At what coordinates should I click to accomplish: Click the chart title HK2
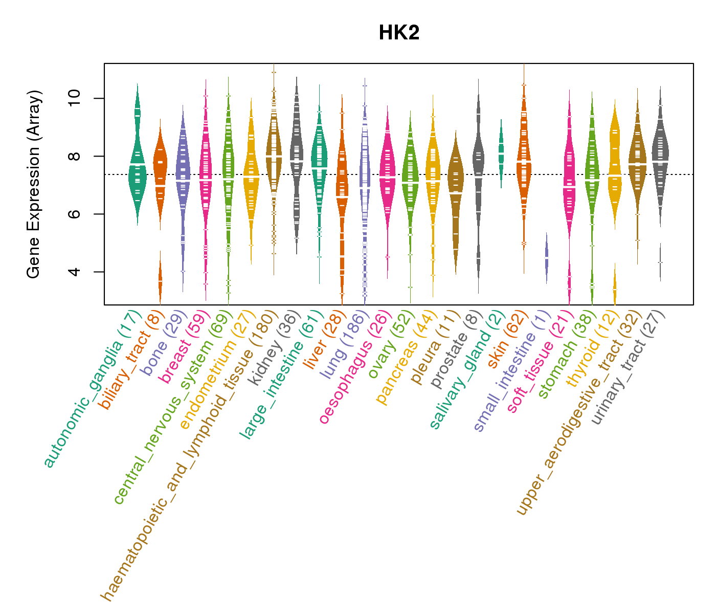399,33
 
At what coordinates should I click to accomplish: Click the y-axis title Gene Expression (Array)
34,184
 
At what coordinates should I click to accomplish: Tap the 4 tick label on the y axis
74,272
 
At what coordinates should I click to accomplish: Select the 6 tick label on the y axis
74,214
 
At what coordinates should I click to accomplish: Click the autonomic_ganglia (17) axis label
93,389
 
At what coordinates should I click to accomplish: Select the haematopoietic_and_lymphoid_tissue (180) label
189,455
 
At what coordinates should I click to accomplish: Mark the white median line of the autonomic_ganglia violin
137,164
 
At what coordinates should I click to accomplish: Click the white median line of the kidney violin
297,161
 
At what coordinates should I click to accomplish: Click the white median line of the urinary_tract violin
660,161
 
